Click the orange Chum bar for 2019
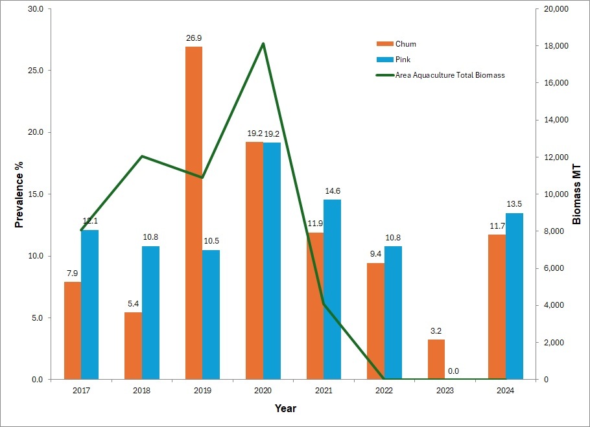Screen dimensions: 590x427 tap(194, 213)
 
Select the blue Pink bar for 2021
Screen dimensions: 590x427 tap(332, 290)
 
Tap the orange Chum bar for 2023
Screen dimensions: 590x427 tap(436, 360)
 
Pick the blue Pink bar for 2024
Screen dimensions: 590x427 tap(514, 296)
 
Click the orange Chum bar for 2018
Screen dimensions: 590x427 tap(133, 346)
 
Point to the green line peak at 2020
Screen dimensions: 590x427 tap(263, 43)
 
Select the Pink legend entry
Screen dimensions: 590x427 tap(394, 60)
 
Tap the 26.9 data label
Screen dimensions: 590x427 tap(194, 38)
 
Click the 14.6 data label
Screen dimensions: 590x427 tap(333, 191)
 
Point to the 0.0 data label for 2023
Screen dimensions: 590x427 tap(453, 371)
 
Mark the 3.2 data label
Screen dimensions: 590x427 tap(436, 330)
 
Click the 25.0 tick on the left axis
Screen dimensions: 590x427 tap(36, 71)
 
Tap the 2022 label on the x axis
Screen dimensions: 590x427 tap(384, 391)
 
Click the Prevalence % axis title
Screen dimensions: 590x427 tap(19, 194)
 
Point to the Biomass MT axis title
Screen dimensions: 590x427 tap(576, 194)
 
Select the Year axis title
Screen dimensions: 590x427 tap(285, 408)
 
